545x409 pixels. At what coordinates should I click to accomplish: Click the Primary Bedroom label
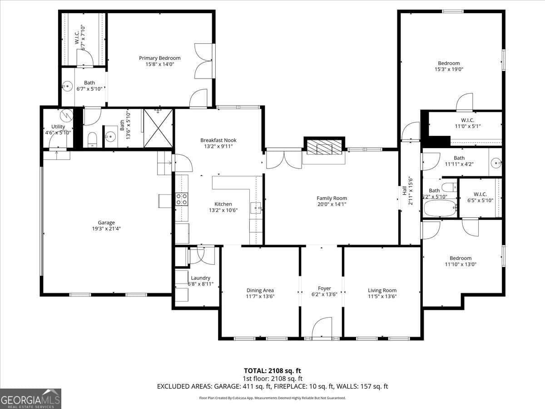(159, 58)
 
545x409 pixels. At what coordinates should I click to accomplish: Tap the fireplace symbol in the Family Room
(324, 146)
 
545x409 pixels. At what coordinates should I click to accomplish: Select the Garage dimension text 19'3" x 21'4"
(106, 229)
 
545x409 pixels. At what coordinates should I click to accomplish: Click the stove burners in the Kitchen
(182, 199)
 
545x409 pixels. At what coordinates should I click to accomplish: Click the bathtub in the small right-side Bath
(440, 209)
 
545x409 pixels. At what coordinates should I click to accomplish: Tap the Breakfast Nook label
(218, 140)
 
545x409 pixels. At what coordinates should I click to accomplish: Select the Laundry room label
(200, 278)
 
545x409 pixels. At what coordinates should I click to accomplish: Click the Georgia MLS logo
(30, 399)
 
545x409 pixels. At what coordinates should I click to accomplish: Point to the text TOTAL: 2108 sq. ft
(272, 371)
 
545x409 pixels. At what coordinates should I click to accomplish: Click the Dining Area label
(260, 290)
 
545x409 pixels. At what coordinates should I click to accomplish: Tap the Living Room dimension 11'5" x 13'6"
(382, 296)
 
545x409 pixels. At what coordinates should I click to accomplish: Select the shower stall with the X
(158, 128)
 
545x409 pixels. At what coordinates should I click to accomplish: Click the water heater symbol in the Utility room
(67, 115)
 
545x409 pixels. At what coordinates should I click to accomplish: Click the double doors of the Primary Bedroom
(203, 61)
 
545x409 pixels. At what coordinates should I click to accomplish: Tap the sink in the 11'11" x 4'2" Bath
(496, 161)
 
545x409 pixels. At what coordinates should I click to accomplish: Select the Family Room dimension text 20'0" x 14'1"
(332, 204)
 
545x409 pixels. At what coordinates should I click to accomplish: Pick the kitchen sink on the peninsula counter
(257, 209)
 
